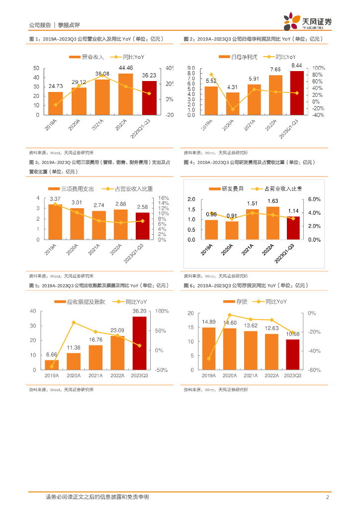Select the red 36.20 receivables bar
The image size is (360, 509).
139,343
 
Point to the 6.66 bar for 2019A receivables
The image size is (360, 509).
52,365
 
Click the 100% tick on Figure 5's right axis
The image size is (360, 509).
163,311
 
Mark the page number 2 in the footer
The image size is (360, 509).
327,497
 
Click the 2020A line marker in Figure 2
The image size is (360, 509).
232,109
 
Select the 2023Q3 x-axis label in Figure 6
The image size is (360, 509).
292,376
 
